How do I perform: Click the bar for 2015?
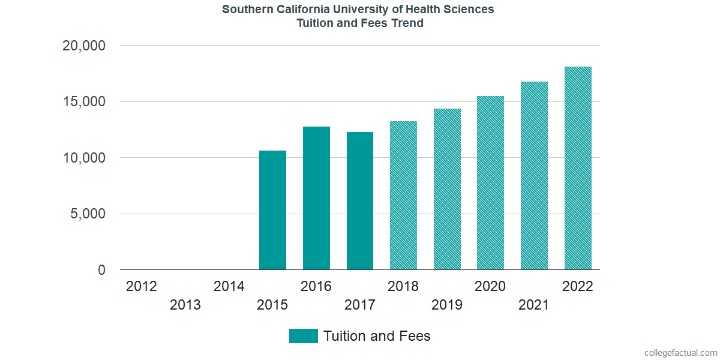(x=272, y=210)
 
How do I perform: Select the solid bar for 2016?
(x=316, y=198)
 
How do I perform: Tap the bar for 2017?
(x=360, y=201)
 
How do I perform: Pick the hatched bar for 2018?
(x=403, y=196)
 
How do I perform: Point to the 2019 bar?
(x=447, y=189)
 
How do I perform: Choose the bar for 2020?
(x=490, y=183)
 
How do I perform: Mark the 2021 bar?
(x=534, y=176)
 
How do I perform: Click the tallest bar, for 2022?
(x=578, y=168)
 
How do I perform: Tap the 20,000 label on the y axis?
(x=84, y=46)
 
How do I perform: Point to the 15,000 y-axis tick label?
(x=84, y=102)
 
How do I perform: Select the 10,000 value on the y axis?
(x=84, y=158)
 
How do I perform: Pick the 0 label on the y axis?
(x=101, y=271)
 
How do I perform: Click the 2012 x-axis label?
(x=142, y=286)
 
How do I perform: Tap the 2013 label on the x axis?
(x=185, y=305)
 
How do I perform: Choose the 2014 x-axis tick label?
(x=229, y=286)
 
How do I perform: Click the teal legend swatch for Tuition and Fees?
(x=303, y=336)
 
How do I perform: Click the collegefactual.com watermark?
(x=680, y=353)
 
